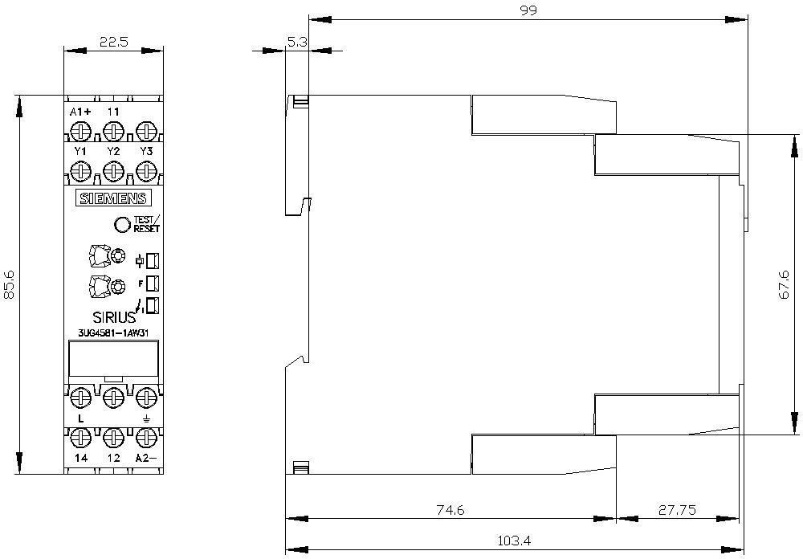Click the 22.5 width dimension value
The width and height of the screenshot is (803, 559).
click(x=114, y=42)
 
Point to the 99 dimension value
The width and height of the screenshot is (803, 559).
click(x=528, y=10)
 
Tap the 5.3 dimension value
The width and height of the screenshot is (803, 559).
click(x=296, y=42)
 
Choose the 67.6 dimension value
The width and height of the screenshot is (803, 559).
click(x=784, y=285)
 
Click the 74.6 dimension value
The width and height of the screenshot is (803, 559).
click(x=450, y=510)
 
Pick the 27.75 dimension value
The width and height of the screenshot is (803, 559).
click(x=677, y=510)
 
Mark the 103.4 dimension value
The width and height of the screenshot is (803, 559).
click(x=514, y=540)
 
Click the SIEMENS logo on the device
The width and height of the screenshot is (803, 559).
click(x=114, y=198)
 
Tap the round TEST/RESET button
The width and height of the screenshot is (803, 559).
click(x=123, y=224)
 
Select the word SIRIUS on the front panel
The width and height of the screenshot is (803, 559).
click(x=114, y=316)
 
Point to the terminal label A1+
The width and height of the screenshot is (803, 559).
click(x=80, y=112)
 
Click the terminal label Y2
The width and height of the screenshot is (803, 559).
click(x=113, y=151)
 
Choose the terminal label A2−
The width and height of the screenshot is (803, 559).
click(x=145, y=458)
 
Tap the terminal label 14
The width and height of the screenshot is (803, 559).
click(x=81, y=458)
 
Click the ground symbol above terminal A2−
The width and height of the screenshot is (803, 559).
click(x=146, y=419)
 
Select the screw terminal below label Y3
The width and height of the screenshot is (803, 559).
click(x=146, y=170)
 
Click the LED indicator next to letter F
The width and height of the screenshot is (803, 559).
click(x=152, y=284)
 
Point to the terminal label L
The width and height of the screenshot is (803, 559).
click(x=80, y=419)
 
